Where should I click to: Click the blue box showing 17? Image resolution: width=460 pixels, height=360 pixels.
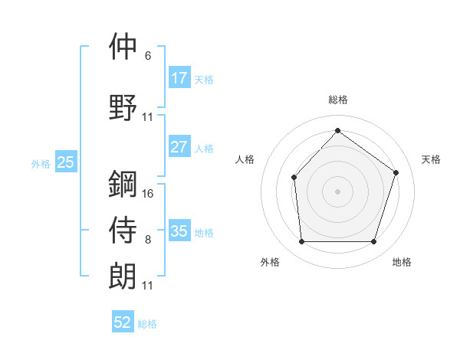pyautogui.click(x=179, y=78)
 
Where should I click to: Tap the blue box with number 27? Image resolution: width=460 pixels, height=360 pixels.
pyautogui.click(x=179, y=147)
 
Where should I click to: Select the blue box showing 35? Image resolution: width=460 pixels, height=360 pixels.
pyautogui.click(x=179, y=231)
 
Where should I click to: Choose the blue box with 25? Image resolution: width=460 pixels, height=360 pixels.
pyautogui.click(x=65, y=162)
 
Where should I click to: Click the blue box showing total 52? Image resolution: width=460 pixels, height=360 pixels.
pyautogui.click(x=123, y=322)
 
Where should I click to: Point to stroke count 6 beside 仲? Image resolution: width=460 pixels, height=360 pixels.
pyautogui.click(x=148, y=56)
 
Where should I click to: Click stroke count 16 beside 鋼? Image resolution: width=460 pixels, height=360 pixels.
pyautogui.click(x=148, y=193)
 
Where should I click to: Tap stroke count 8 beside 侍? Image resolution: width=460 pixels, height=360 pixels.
pyautogui.click(x=148, y=241)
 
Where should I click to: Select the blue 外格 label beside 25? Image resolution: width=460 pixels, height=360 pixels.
pyautogui.click(x=40, y=163)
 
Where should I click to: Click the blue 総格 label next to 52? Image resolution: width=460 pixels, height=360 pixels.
pyautogui.click(x=147, y=324)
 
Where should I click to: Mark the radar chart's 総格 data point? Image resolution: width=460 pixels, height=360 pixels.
pyautogui.click(x=337, y=131)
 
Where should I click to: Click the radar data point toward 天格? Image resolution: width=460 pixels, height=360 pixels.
pyautogui.click(x=396, y=172)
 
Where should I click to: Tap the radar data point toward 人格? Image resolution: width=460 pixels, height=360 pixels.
pyautogui.click(x=294, y=178)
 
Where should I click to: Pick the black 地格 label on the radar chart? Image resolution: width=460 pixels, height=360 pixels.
pyautogui.click(x=402, y=263)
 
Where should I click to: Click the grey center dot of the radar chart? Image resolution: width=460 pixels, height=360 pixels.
pyautogui.click(x=337, y=191)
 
